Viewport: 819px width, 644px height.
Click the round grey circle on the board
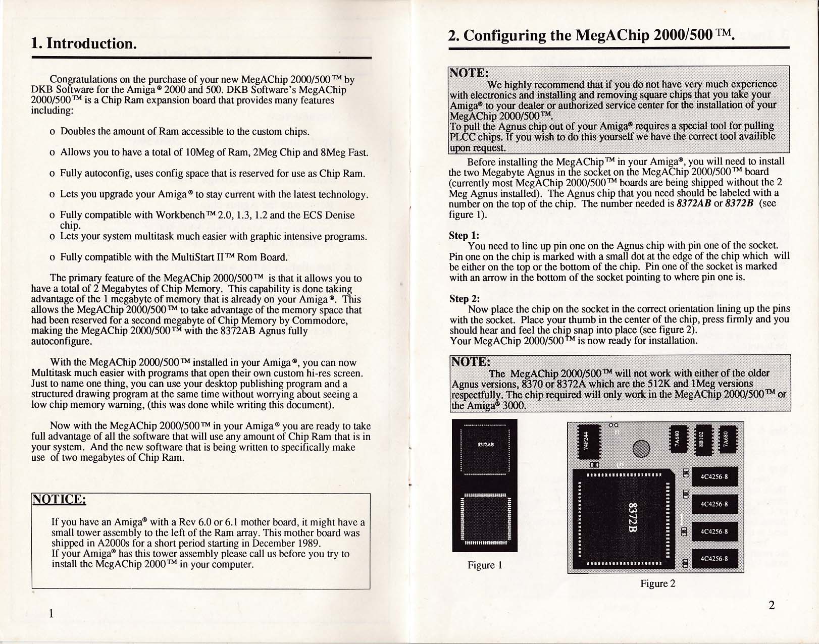641,448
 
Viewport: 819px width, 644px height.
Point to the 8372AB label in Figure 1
485,445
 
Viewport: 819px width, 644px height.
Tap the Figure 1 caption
484,565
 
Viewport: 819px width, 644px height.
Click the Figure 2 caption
657,584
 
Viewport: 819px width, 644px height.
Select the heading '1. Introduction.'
84,43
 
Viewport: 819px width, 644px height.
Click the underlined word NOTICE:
59,499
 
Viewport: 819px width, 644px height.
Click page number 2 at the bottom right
771,605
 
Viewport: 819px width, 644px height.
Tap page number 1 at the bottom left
52,614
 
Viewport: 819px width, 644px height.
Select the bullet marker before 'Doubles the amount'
53,132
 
